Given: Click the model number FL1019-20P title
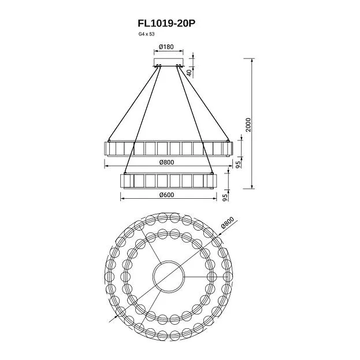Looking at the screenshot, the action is pyautogui.click(x=166, y=23).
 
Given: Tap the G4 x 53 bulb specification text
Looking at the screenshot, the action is pyautogui.click(x=146, y=34).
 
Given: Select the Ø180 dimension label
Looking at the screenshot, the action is pyautogui.click(x=166, y=47).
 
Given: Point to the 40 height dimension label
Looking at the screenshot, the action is pyautogui.click(x=189, y=73).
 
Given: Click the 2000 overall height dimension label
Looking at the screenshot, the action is pyautogui.click(x=248, y=125).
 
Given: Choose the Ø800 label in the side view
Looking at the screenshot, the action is pyautogui.click(x=166, y=162).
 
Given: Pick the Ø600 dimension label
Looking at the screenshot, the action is pyautogui.click(x=166, y=195).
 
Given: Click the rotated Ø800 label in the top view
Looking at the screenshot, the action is pyautogui.click(x=228, y=222).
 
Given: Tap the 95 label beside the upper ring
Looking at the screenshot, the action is pyautogui.click(x=239, y=164).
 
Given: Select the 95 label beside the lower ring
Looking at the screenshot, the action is pyautogui.click(x=226, y=198).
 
